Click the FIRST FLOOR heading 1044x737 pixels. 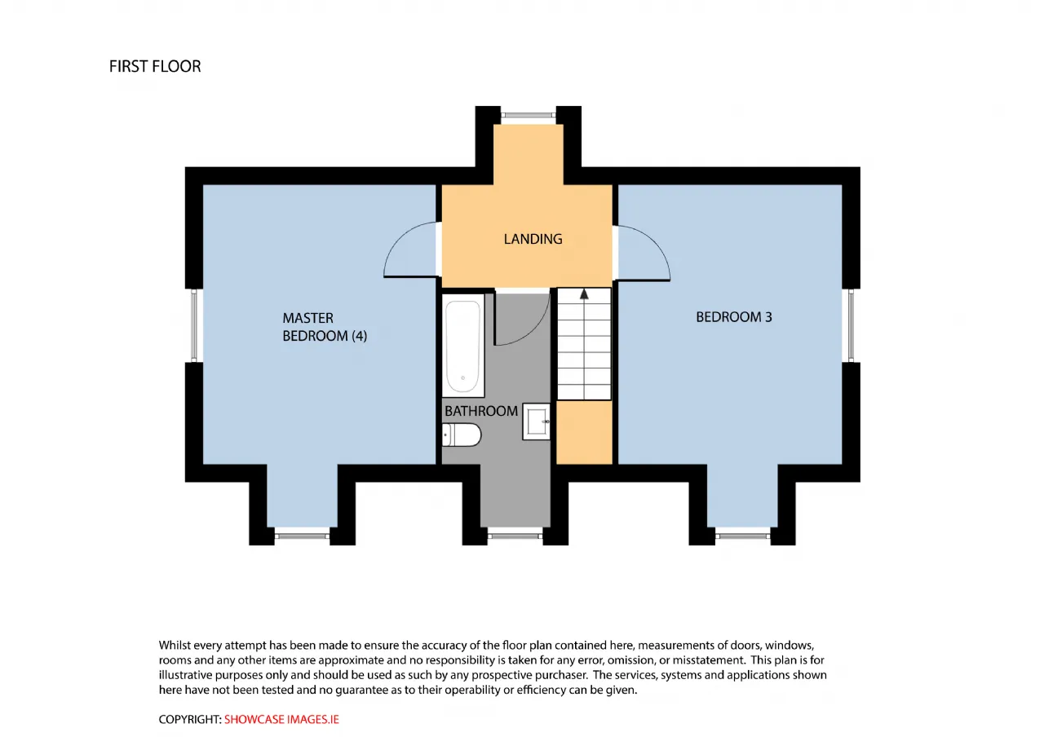click(x=155, y=67)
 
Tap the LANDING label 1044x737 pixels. click(x=533, y=239)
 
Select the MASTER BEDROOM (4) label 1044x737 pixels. click(x=325, y=327)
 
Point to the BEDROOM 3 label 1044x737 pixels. click(x=733, y=317)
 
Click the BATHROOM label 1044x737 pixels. click(x=481, y=411)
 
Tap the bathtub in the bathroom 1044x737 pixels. click(x=462, y=345)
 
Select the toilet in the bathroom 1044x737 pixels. click(x=461, y=435)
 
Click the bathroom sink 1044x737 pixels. click(x=536, y=421)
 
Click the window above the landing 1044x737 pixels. click(x=528, y=115)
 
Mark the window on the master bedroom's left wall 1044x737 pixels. click(x=194, y=325)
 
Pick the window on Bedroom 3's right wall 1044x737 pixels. click(x=851, y=325)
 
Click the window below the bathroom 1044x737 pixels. click(x=515, y=536)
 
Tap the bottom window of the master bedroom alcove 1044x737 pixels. click(x=302, y=536)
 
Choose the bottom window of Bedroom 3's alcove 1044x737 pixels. click(x=743, y=536)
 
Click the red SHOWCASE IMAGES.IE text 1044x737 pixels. click(x=281, y=719)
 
